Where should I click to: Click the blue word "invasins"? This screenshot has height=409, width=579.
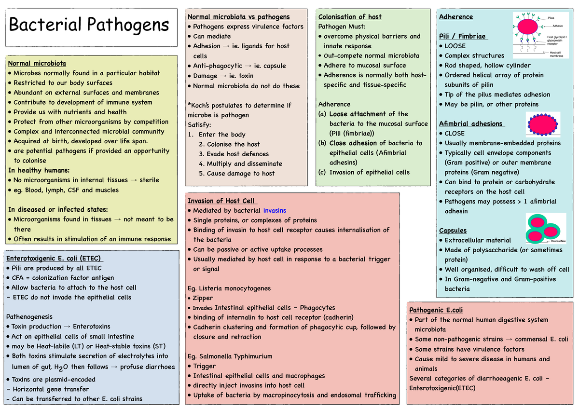pos(275,210)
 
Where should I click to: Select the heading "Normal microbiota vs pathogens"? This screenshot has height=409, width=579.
pos(238,17)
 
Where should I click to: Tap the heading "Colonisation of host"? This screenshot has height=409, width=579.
pos(350,17)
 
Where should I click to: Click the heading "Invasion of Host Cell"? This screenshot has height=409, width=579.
pos(221,201)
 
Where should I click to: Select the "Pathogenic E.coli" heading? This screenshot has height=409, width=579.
pos(436,310)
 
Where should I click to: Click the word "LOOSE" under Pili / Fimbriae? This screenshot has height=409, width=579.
pos(455,46)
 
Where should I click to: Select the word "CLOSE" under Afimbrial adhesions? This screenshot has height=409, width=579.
pos(455,133)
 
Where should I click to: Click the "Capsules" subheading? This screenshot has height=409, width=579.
pos(453,231)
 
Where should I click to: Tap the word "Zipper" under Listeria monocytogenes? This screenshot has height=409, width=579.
pos(203,298)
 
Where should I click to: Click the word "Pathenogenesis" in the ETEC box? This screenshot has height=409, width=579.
pos(29,317)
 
